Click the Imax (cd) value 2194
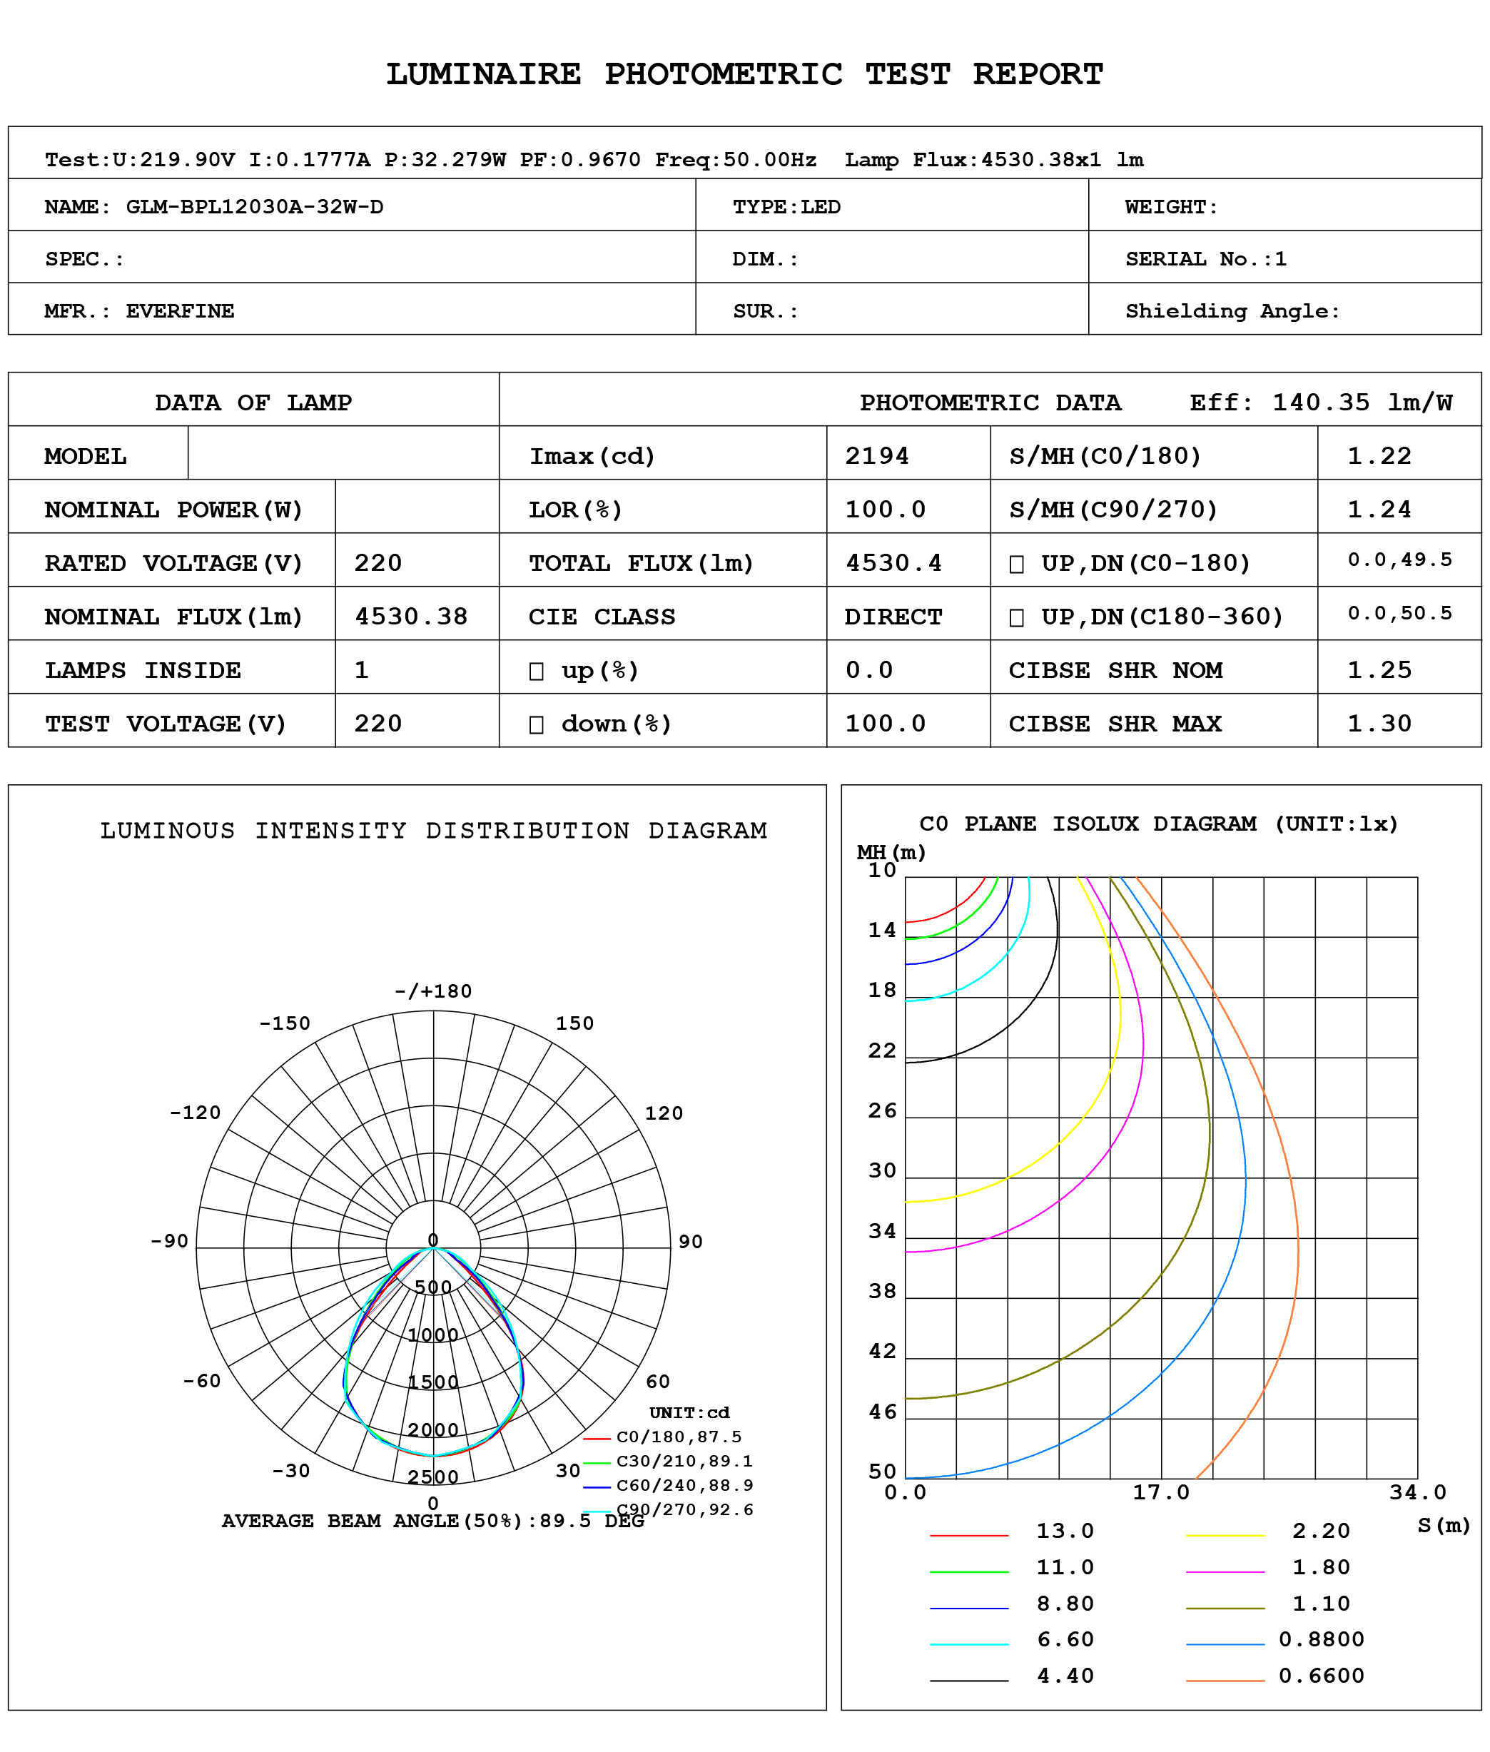click(877, 456)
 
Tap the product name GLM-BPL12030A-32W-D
click(254, 207)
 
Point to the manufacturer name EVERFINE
click(180, 311)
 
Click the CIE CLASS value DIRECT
click(893, 617)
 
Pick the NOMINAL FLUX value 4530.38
click(410, 617)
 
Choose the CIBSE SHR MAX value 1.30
click(1379, 723)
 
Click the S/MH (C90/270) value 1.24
click(1379, 510)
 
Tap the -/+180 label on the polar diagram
click(433, 991)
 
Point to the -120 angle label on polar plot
click(195, 1113)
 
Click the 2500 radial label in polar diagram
click(433, 1477)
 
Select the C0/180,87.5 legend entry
click(678, 1436)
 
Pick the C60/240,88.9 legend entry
click(684, 1485)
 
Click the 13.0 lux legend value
click(1065, 1531)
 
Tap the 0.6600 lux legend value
click(1321, 1675)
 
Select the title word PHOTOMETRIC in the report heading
click(723, 74)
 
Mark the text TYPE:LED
click(786, 207)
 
